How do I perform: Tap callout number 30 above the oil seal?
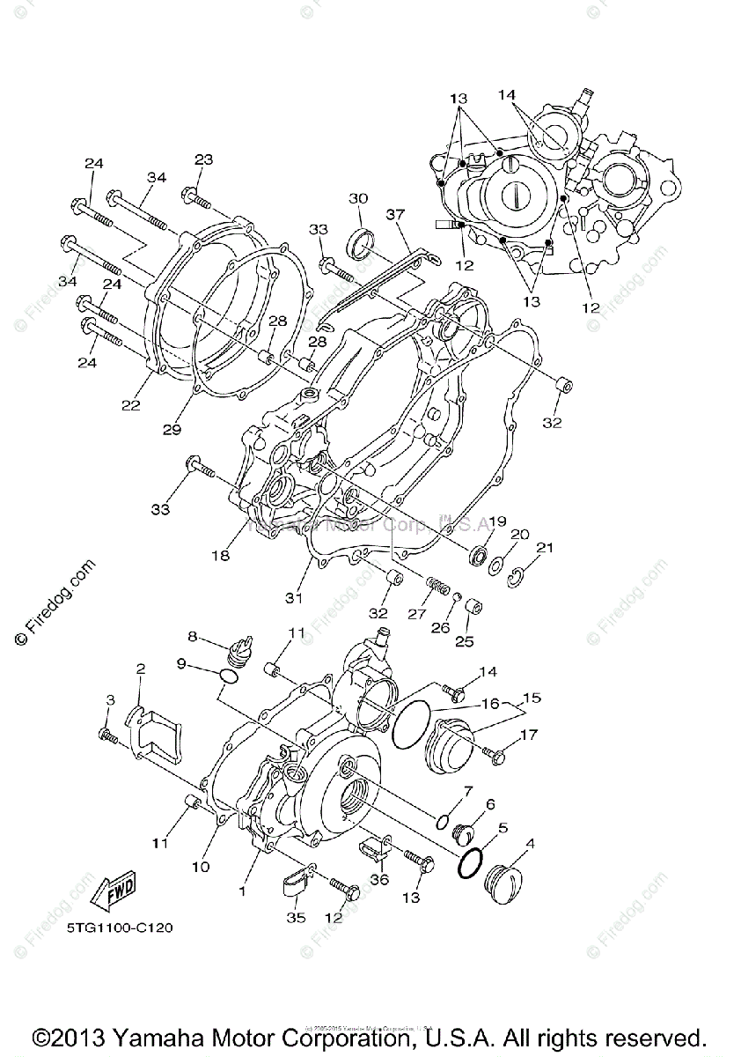coord(357,198)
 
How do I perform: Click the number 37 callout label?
coord(394,214)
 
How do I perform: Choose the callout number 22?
coord(131,404)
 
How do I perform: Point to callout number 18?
coord(220,555)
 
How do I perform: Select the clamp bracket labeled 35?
coord(295,881)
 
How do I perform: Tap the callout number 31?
coord(293,597)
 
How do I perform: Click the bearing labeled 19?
coord(481,557)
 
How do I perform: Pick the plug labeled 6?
coord(462,831)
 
